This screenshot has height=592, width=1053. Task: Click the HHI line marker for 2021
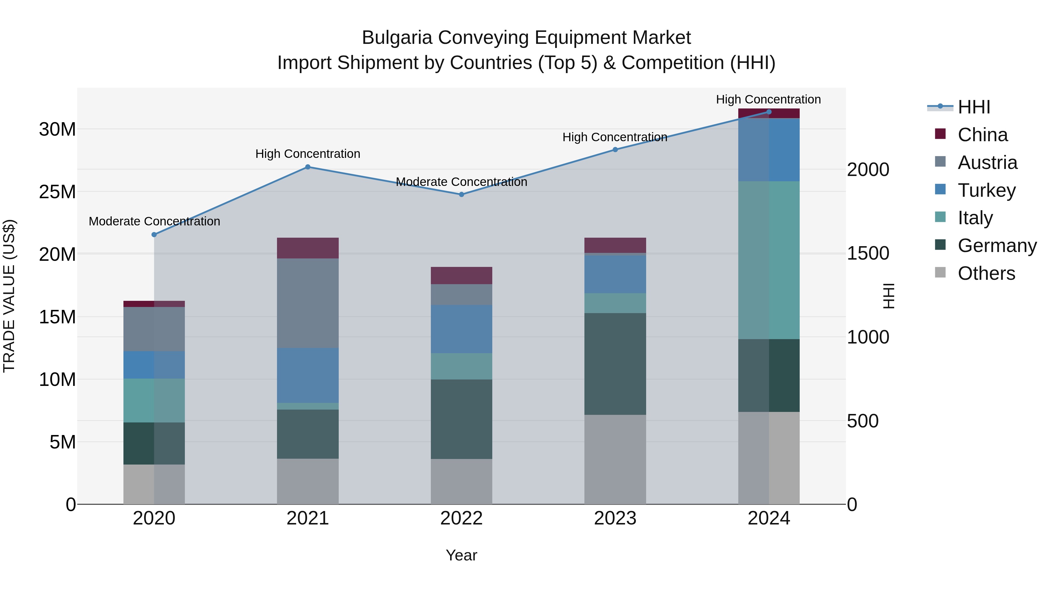coord(308,167)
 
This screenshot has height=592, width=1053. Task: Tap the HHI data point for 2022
coord(462,194)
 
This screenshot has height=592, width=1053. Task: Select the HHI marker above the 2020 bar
coord(154,234)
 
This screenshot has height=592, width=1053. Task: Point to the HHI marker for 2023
coord(615,149)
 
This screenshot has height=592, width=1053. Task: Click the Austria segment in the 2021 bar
coord(308,303)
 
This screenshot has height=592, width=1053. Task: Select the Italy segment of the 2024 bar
coord(769,260)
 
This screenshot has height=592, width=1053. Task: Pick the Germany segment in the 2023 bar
coord(615,364)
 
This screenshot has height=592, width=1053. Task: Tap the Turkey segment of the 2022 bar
coord(462,329)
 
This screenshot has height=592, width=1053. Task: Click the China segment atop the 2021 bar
coord(308,248)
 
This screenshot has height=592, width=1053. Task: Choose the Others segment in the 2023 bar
coord(615,459)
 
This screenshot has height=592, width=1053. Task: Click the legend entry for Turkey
coord(986,190)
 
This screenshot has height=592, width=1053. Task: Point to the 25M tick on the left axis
coord(57,191)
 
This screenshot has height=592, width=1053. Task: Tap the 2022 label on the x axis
coord(462,518)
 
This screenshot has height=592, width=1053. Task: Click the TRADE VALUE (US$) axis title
coord(9,296)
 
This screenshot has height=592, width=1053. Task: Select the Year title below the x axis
coord(462,555)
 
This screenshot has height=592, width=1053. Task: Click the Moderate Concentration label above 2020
coord(154,221)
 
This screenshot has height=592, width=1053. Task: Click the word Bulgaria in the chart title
coord(397,38)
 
